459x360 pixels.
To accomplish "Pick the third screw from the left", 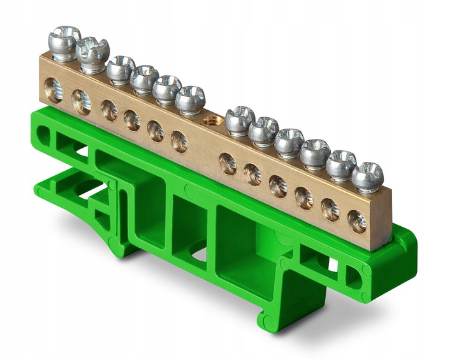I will click(120, 68).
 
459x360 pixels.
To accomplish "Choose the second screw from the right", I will click(341, 164).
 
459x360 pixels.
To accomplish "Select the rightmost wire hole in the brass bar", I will click(357, 221).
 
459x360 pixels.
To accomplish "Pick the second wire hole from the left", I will click(81, 101).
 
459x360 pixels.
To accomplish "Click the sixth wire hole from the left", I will click(179, 141).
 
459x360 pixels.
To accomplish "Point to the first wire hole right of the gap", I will click(228, 164).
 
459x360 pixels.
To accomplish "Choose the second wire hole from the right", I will click(331, 210).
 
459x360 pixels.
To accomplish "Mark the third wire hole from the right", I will click(304, 198).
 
